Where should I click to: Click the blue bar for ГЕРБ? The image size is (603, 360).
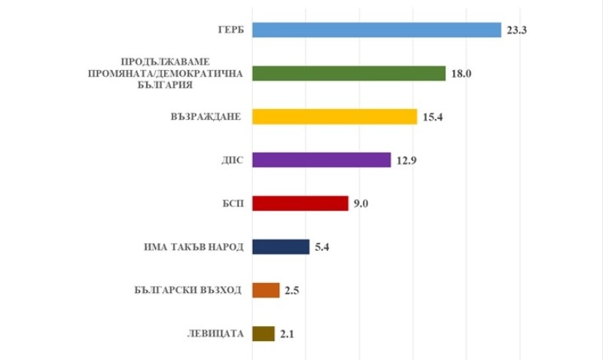[x=376, y=30]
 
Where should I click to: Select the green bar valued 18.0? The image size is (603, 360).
[x=349, y=73]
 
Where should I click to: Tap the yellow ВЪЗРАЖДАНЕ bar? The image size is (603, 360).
[x=334, y=117]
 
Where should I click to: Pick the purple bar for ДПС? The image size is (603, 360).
[x=321, y=160]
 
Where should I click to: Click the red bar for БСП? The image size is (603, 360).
[x=300, y=203]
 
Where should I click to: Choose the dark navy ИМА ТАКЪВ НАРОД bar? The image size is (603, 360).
[x=281, y=247]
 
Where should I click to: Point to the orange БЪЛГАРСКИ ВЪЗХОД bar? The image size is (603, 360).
[x=266, y=291]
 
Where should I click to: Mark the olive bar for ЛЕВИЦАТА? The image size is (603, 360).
[x=263, y=334]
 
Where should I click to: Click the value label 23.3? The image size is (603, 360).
[x=518, y=30]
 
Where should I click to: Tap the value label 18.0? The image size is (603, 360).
[x=461, y=74]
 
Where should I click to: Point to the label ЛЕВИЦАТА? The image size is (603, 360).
[x=214, y=334]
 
